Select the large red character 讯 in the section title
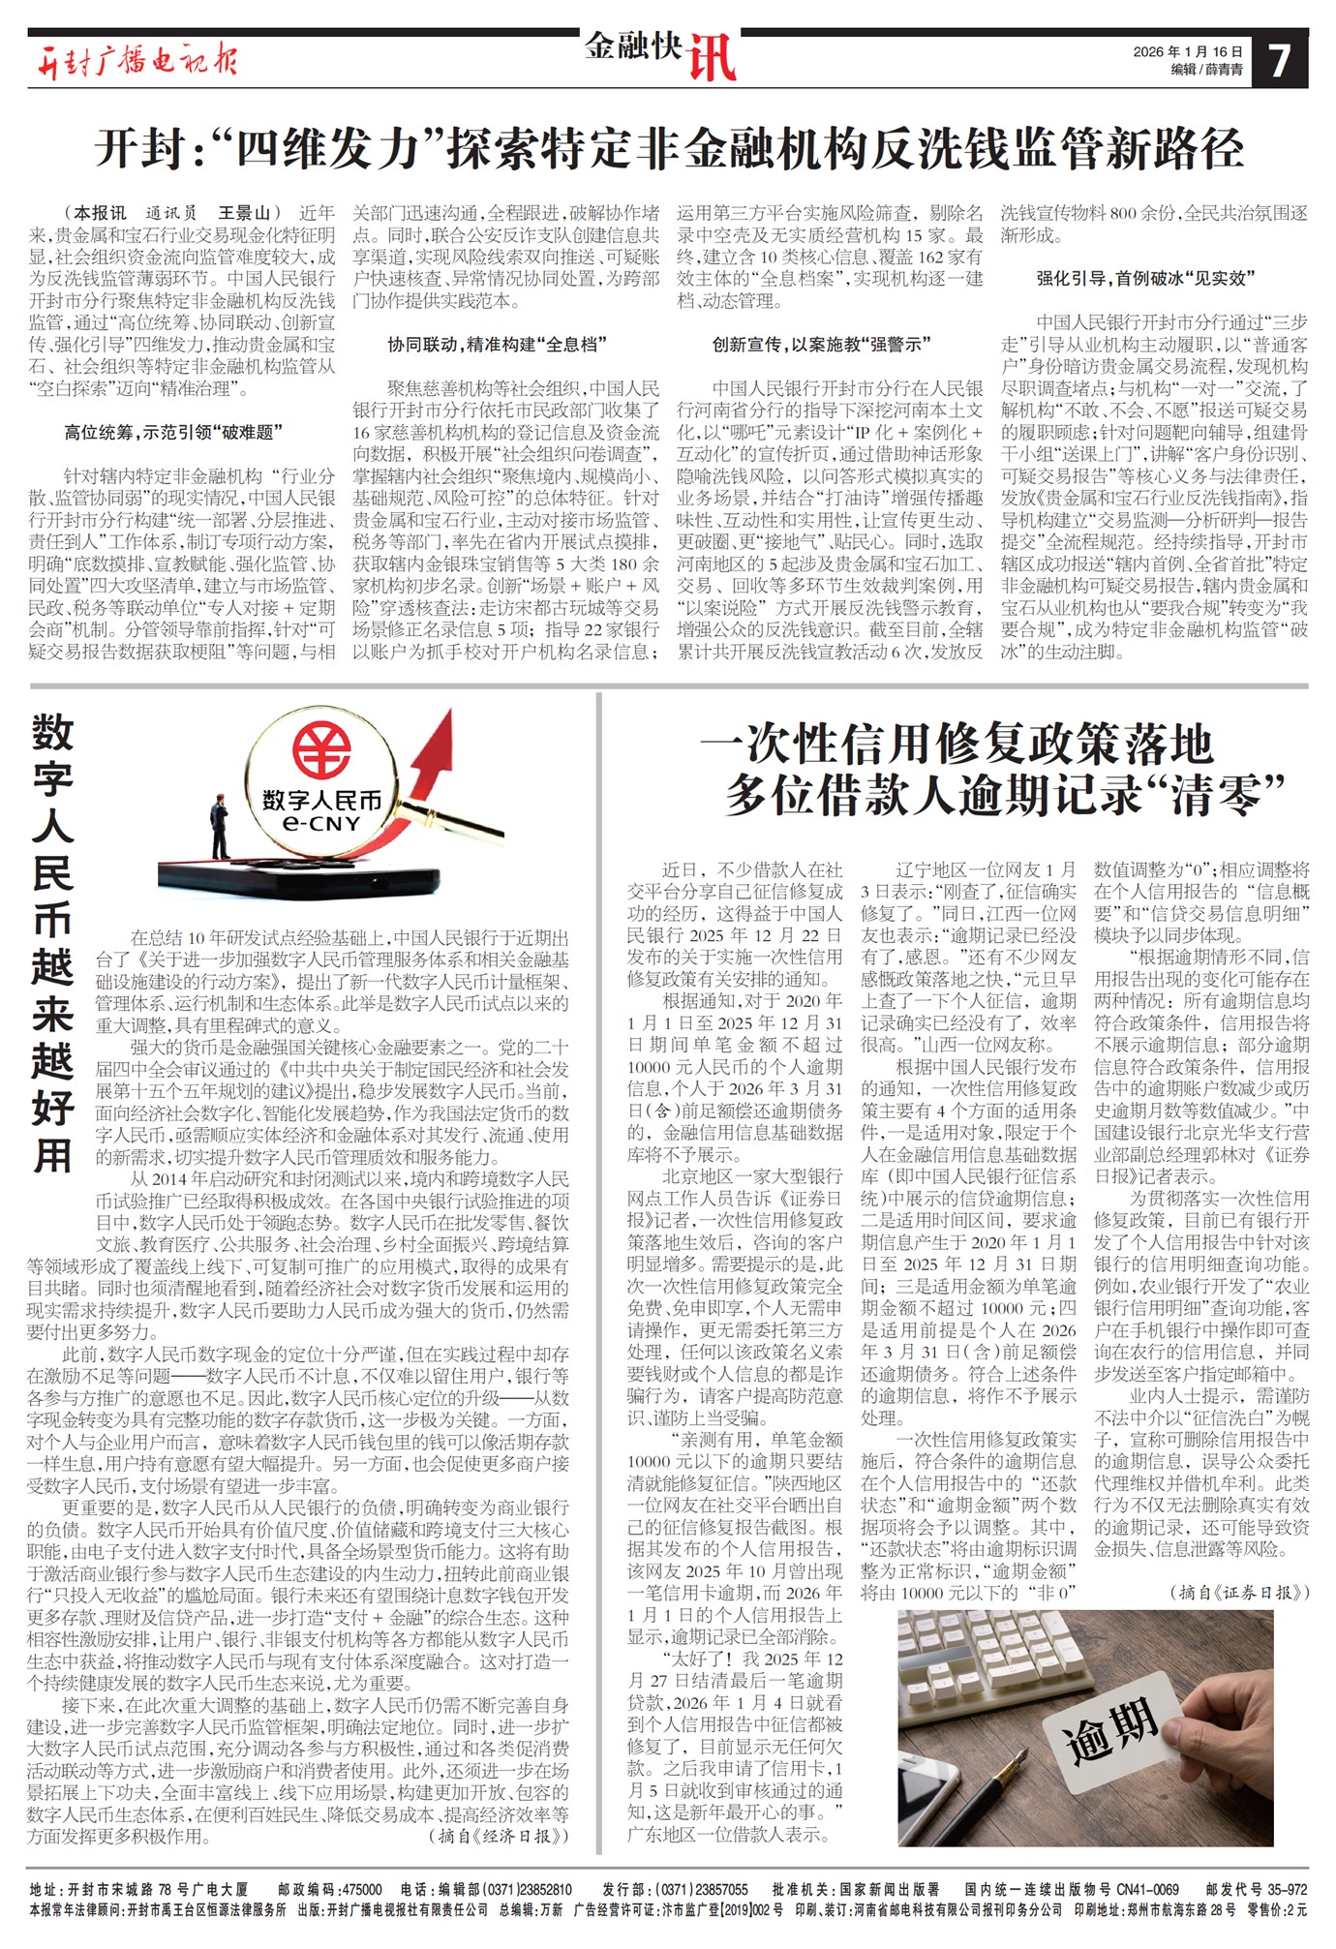coord(712,59)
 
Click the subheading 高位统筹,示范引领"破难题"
coord(173,433)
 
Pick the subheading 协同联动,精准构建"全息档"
coord(498,345)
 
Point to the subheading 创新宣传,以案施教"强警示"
coord(822,345)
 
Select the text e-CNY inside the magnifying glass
coord(321,824)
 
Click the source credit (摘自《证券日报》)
coord(1240,1592)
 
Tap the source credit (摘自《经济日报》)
coord(499,1835)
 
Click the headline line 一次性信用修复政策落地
coord(956,745)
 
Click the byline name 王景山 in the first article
coord(244,213)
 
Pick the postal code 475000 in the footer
coord(362,1889)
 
